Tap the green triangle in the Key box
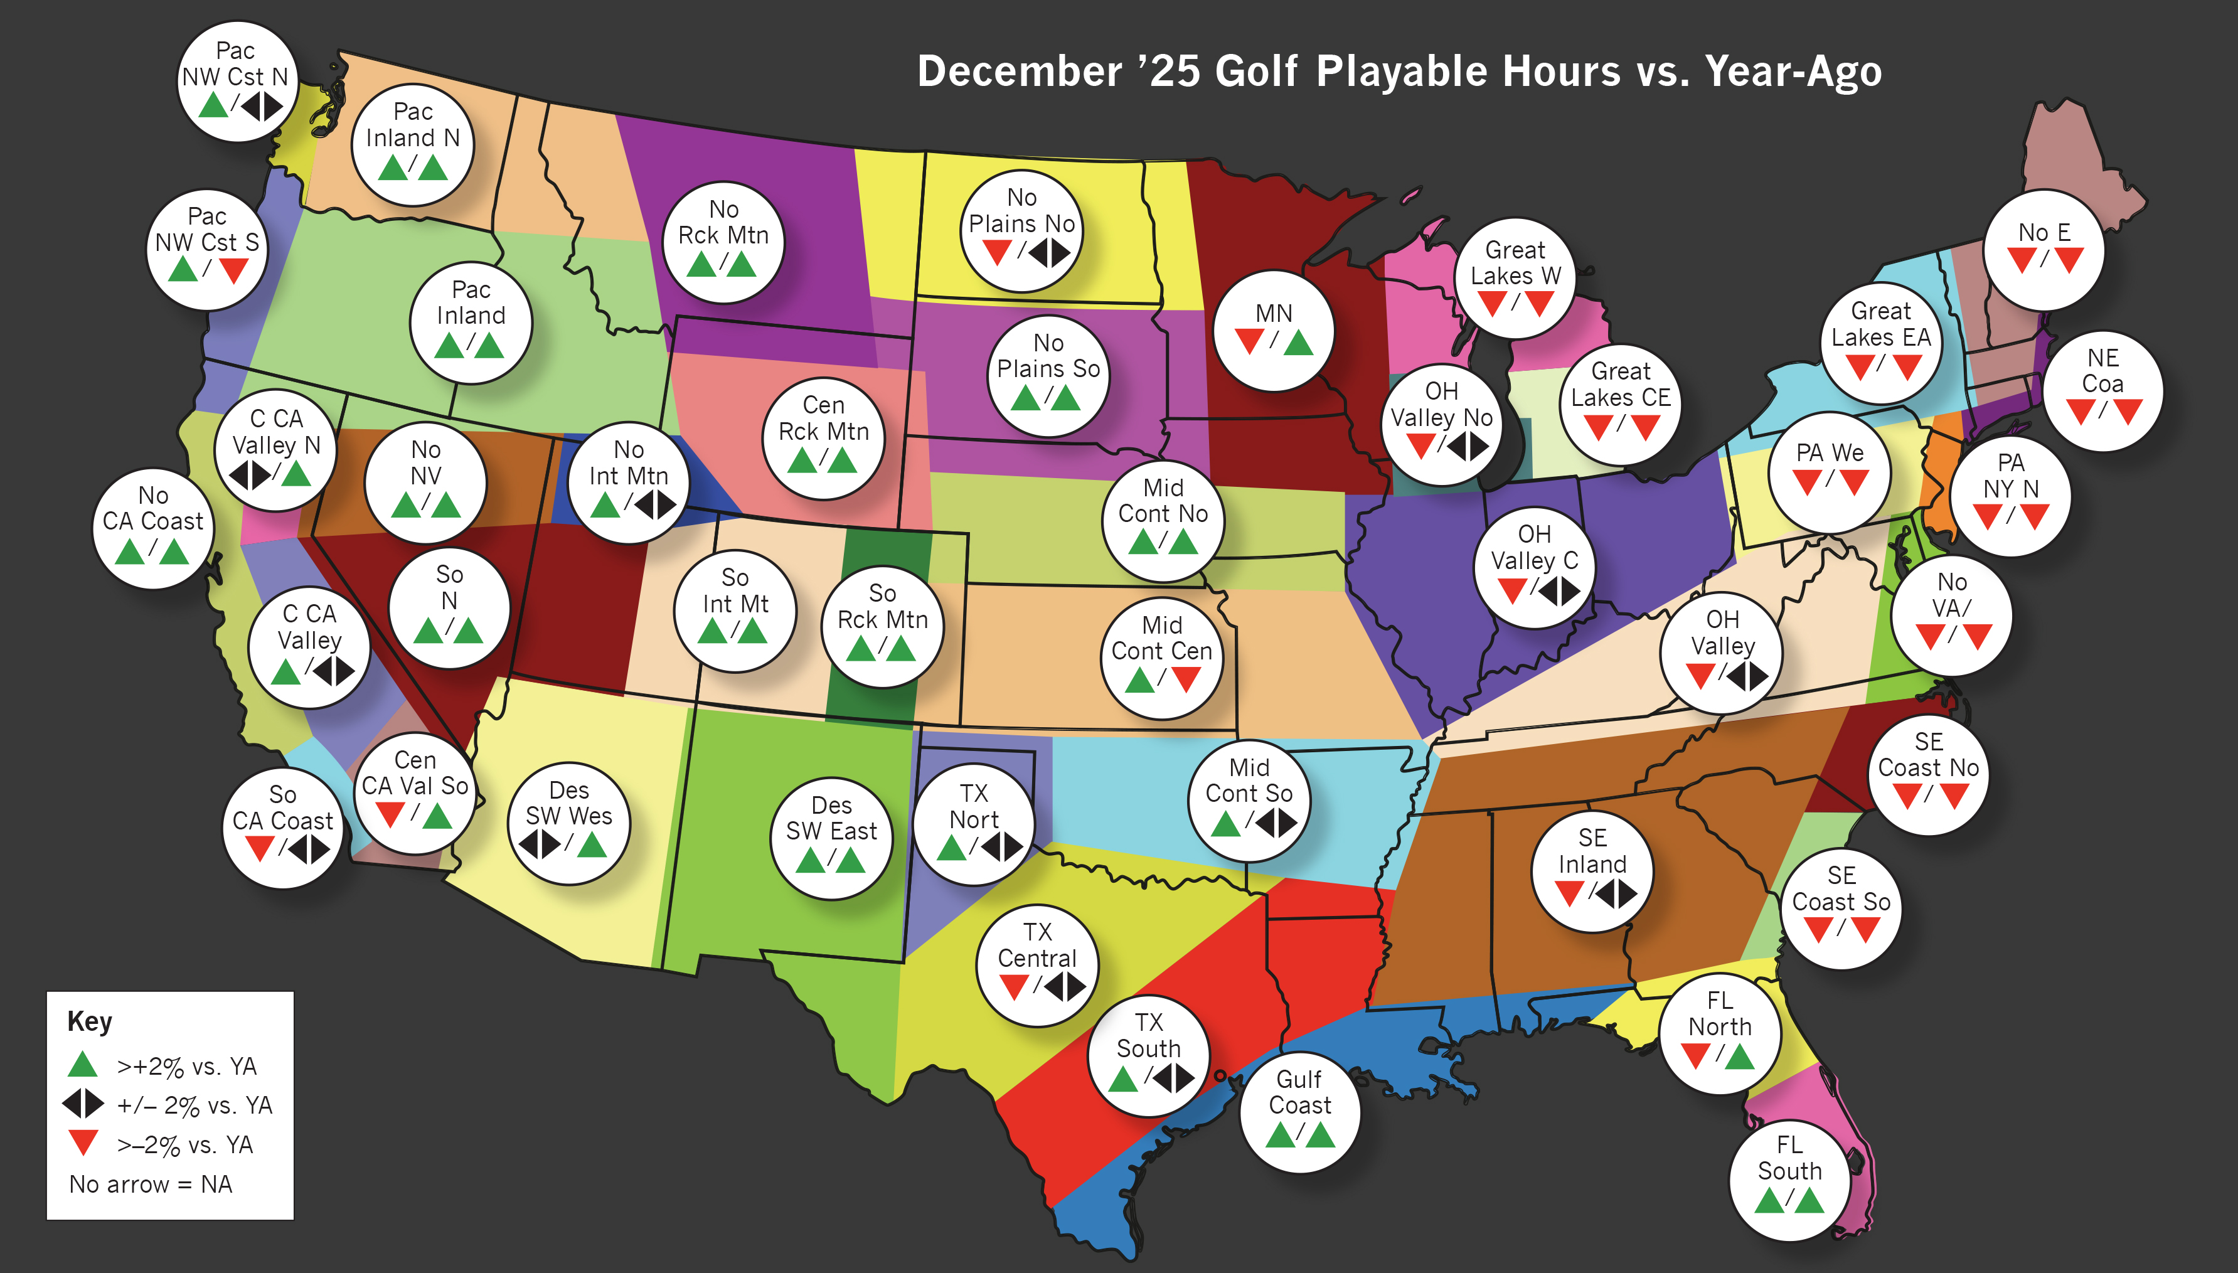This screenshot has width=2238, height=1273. click(x=82, y=1065)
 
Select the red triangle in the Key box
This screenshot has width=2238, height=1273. click(x=82, y=1142)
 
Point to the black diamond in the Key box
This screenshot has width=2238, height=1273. click(x=82, y=1104)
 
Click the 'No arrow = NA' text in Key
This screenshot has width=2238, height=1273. click(x=151, y=1184)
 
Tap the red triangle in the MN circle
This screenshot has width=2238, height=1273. click(x=1249, y=340)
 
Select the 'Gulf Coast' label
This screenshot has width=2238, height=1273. click(x=1300, y=1092)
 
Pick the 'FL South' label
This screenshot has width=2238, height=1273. click(x=1789, y=1158)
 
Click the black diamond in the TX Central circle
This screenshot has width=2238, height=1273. click(x=1065, y=987)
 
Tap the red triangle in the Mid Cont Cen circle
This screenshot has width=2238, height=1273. click(x=1185, y=678)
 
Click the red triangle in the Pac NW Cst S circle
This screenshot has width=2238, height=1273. click(x=233, y=269)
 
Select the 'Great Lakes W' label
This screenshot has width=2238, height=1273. click(x=1515, y=262)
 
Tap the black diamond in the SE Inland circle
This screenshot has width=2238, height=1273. click(x=1616, y=893)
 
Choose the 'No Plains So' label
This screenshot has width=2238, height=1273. click(x=1048, y=356)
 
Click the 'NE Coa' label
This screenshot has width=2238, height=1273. click(x=2102, y=371)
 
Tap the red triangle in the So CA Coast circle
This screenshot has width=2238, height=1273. click(x=260, y=848)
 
